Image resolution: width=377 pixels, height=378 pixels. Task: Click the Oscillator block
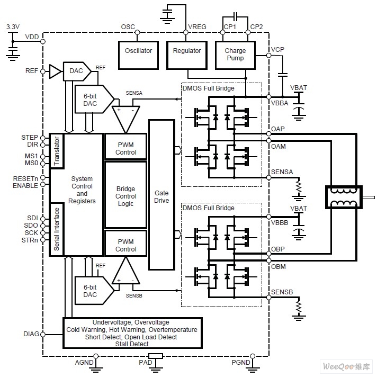coord(138,55)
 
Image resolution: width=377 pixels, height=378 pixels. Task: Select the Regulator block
coord(187,55)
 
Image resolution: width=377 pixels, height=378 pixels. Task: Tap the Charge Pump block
coord(235,55)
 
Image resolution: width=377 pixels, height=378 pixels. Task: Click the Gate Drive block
coord(161,194)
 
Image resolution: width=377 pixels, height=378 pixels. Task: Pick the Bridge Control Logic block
coord(126,195)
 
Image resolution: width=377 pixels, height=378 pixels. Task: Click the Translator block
coord(57,151)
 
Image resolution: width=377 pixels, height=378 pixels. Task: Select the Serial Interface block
coord(57,229)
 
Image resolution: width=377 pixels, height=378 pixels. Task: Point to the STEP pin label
coord(30,138)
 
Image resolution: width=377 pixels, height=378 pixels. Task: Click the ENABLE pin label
coord(25,186)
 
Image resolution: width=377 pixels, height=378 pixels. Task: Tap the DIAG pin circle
coord(43,335)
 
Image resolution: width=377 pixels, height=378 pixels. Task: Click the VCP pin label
coord(277,49)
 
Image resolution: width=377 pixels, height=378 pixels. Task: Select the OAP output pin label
coord(278,129)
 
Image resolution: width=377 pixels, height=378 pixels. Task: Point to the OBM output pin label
coord(279,267)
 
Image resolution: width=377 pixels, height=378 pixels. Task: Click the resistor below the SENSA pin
coord(299,187)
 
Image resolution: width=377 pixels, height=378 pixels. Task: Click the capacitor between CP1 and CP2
coord(236,16)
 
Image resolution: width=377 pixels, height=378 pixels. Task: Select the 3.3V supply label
coord(13,27)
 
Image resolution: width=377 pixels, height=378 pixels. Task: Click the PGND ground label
coord(241,362)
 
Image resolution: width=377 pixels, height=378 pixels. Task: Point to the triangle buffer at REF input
coord(55,71)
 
